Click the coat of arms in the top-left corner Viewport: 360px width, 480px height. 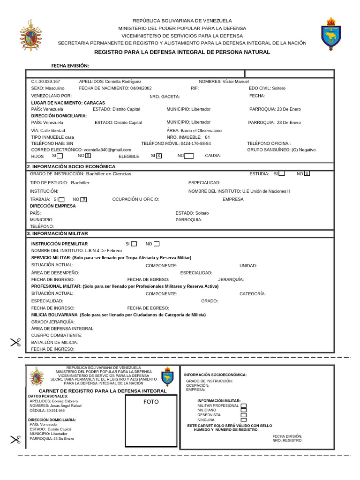coord(30,36)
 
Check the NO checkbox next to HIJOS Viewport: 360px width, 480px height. coord(88,156)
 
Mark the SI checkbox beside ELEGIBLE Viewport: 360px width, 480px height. coord(159,156)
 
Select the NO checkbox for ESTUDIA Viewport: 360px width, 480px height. coord(307,174)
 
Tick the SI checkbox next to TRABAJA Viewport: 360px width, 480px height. coord(61,199)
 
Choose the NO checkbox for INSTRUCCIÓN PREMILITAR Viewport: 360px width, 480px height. coord(157,244)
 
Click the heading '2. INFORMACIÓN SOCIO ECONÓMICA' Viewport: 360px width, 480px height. coord(71,166)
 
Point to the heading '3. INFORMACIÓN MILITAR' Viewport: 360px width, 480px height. coord(58,233)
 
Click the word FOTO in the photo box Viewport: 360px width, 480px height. coord(151,402)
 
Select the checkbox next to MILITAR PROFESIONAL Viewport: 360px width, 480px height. coord(243,405)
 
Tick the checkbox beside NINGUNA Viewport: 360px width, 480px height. coord(243,420)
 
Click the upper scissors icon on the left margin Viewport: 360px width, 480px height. coord(15,343)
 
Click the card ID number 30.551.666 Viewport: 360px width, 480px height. coord(55,410)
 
